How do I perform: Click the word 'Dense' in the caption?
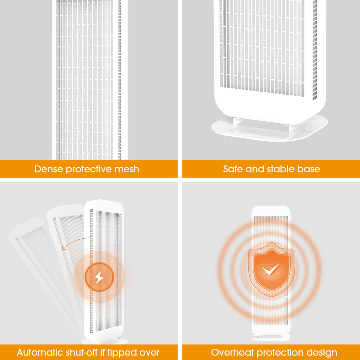(x=49, y=169)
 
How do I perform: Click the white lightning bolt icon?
(x=99, y=277)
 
